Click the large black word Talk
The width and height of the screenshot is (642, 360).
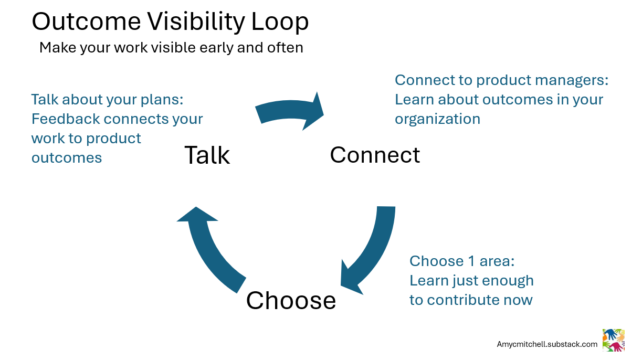coord(207,155)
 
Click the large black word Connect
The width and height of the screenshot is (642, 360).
coord(375,155)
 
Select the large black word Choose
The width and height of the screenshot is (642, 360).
coord(291,300)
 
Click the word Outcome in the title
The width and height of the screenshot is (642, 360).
coord(86,22)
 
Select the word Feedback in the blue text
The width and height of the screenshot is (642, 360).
coord(66,119)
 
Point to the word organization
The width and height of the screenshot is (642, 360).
coord(437,119)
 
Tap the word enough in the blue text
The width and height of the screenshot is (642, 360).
coord(507,280)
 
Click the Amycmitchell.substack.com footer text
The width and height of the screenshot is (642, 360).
coord(547,344)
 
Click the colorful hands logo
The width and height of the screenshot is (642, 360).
coord(613,340)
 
